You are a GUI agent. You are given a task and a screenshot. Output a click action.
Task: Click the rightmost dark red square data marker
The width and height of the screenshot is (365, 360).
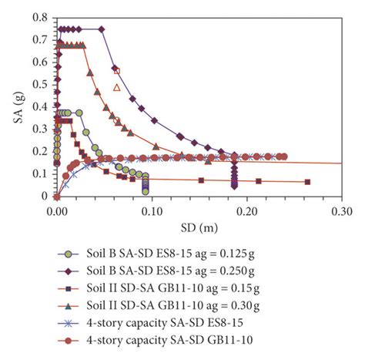307,182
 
